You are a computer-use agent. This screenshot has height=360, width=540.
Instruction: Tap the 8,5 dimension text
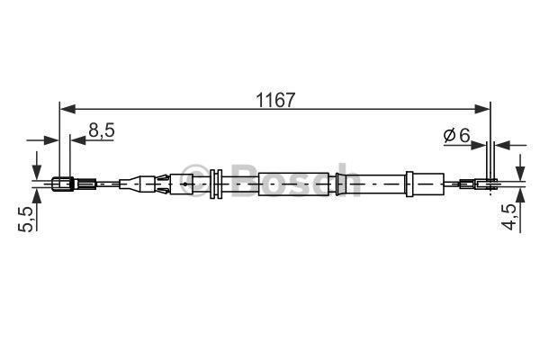click(101, 130)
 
